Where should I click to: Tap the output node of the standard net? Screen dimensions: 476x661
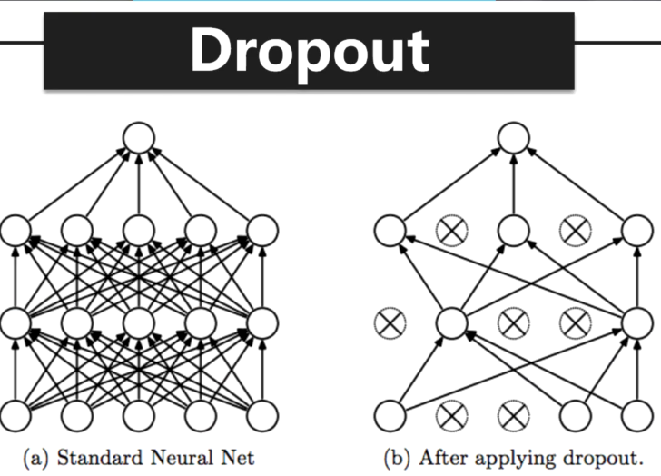[x=139, y=139]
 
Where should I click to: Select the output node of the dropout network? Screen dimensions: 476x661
[x=512, y=139]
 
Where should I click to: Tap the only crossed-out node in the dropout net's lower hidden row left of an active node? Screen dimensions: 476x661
[x=390, y=322]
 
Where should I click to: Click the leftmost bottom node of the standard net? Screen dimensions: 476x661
[x=16, y=415]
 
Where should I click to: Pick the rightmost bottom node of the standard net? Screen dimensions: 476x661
[x=261, y=415]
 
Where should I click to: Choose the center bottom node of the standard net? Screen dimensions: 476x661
[x=139, y=415]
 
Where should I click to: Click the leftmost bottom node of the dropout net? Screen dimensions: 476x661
[x=390, y=415]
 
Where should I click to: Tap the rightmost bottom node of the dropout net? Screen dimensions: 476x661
[x=635, y=415]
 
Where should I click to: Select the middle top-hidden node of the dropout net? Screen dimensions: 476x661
[x=512, y=231]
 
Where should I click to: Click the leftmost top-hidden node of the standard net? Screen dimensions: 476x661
[x=16, y=231]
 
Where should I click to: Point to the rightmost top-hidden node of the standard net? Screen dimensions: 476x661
[x=261, y=231]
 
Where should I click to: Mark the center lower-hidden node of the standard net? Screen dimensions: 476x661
[x=139, y=322]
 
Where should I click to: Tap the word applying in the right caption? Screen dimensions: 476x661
[x=518, y=457]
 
